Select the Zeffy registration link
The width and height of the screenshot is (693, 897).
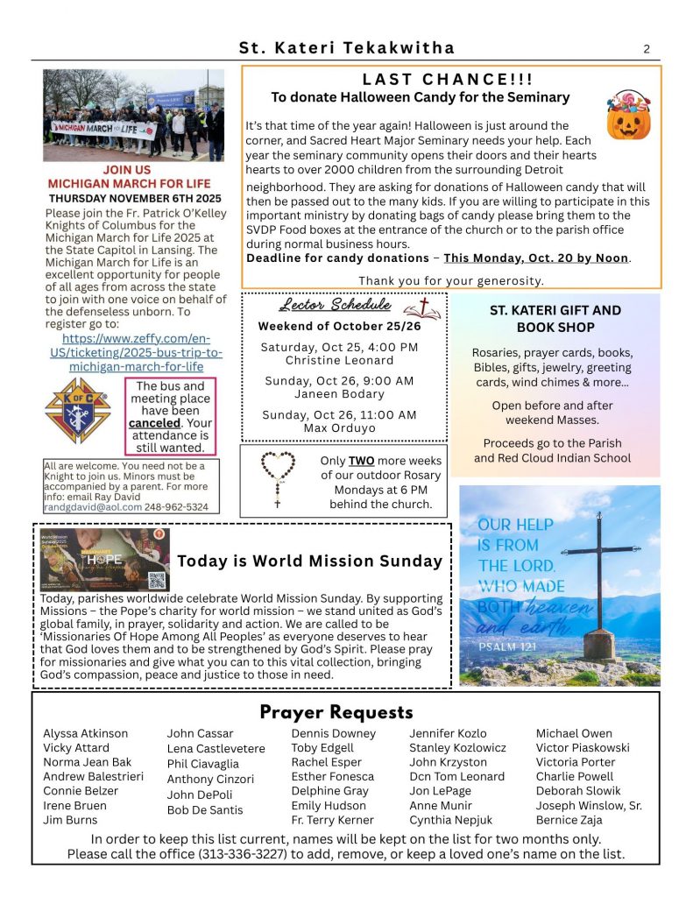tap(138, 352)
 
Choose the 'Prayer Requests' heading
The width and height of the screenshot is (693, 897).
tap(336, 711)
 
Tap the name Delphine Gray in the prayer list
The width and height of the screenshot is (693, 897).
tap(329, 791)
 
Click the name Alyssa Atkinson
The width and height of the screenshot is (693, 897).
tap(85, 733)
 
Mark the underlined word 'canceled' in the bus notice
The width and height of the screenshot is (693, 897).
tap(154, 423)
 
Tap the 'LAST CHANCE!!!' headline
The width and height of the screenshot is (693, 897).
tap(448, 80)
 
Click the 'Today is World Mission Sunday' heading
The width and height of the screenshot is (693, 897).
tap(309, 561)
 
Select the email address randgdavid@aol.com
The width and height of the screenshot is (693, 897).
tap(85, 507)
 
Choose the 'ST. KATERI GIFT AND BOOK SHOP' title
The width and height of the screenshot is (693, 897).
tap(555, 319)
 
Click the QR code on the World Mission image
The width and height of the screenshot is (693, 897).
tap(157, 578)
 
